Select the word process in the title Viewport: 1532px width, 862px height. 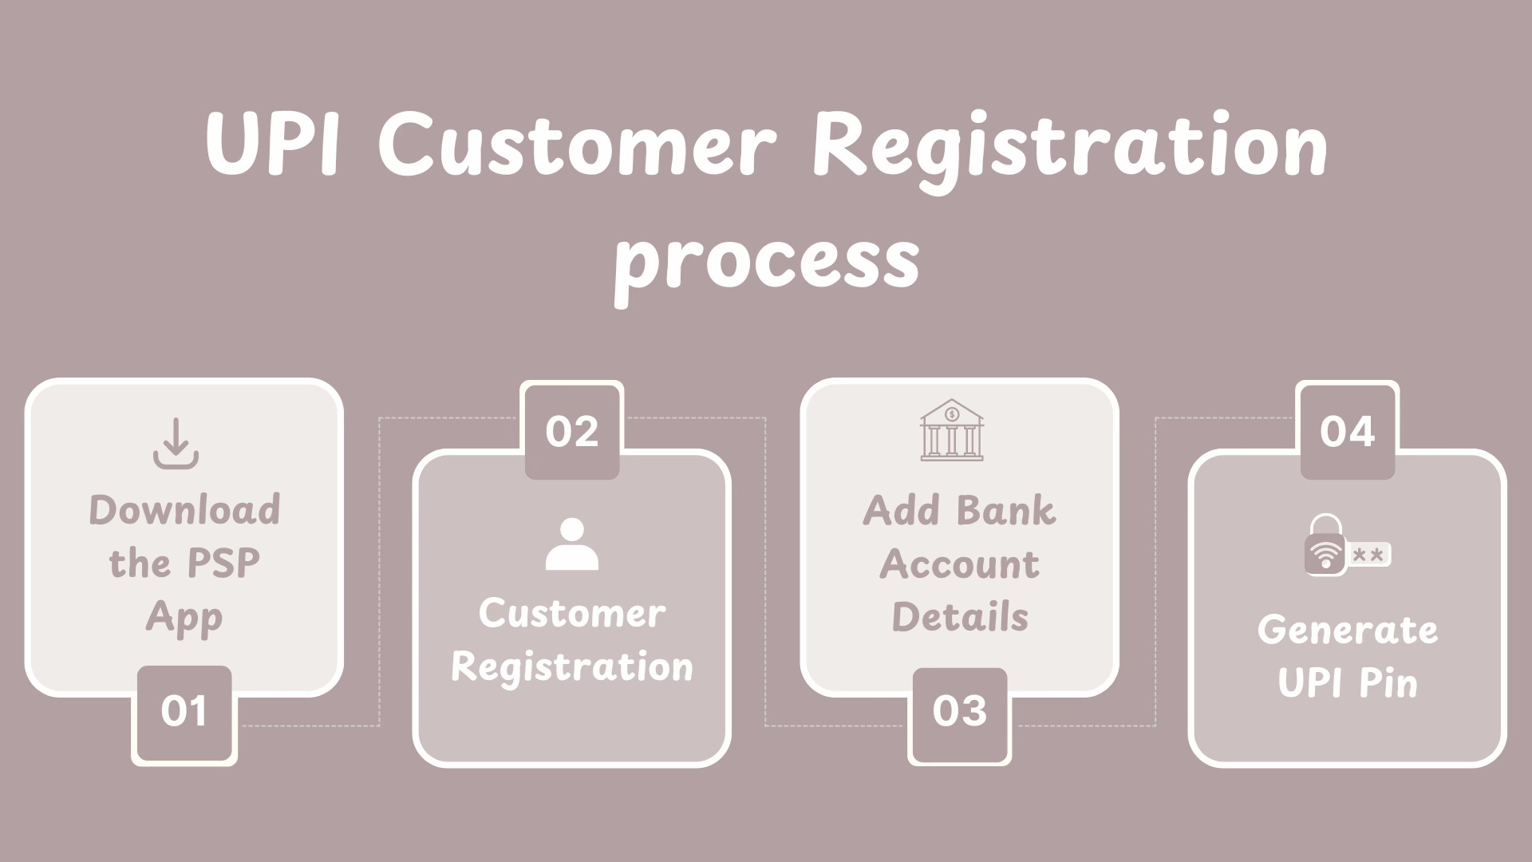pyautogui.click(x=767, y=259)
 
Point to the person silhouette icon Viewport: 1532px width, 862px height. pyautogui.click(x=571, y=544)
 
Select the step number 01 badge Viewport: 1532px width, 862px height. pyautogui.click(x=184, y=711)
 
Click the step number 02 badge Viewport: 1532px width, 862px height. pyautogui.click(x=571, y=431)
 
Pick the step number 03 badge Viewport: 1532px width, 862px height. pyautogui.click(x=959, y=711)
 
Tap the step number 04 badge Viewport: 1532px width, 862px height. pyautogui.click(x=1347, y=431)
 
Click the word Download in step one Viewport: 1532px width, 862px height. pyautogui.click(x=184, y=510)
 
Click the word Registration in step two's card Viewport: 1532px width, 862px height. pyautogui.click(x=571, y=667)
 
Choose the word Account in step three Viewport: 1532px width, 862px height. pyautogui.click(x=959, y=564)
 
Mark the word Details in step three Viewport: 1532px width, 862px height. pyautogui.click(x=959, y=617)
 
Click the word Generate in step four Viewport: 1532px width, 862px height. pyautogui.click(x=1347, y=631)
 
